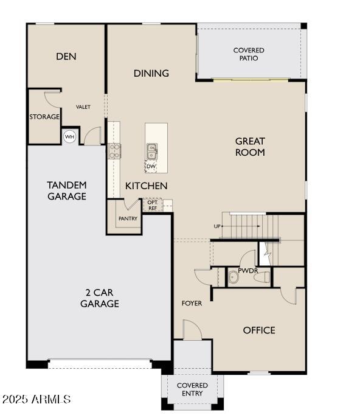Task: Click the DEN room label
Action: click(x=66, y=57)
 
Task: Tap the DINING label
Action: click(x=151, y=74)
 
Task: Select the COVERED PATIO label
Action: click(x=249, y=54)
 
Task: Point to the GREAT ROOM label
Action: click(x=250, y=147)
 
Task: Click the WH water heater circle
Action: click(x=70, y=136)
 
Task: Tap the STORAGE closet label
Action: click(x=45, y=117)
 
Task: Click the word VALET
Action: click(x=83, y=107)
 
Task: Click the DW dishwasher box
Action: click(x=151, y=165)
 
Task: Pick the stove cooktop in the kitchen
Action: click(x=114, y=151)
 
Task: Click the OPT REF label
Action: click(x=153, y=206)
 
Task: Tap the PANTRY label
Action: click(x=128, y=219)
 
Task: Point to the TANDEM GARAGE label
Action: click(x=67, y=190)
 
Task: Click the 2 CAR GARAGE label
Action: click(x=99, y=298)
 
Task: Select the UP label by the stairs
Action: click(x=217, y=226)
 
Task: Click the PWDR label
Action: click(x=247, y=270)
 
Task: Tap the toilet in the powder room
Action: click(x=262, y=278)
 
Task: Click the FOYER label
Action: click(x=192, y=303)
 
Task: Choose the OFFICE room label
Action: click(x=259, y=330)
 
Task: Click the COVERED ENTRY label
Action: click(x=192, y=389)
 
